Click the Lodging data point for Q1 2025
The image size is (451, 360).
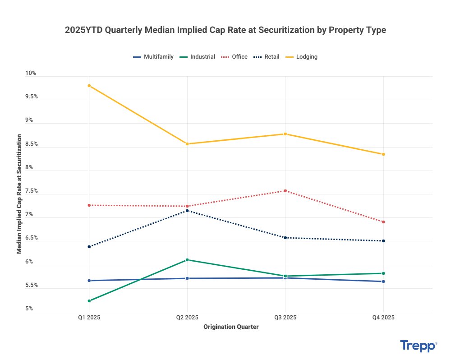(x=89, y=86)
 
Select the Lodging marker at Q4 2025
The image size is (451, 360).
(x=383, y=154)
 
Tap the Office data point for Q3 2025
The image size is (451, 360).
(x=285, y=191)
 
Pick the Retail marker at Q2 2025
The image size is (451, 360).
(x=188, y=211)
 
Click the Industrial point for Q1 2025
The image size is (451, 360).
(x=89, y=300)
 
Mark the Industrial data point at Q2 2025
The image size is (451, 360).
(x=188, y=260)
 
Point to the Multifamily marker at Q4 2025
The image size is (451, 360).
(x=383, y=282)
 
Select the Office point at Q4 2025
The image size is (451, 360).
(x=383, y=222)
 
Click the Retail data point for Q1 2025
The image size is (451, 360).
(x=89, y=247)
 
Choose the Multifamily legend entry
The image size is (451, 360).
(x=153, y=57)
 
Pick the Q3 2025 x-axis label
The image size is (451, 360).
(x=285, y=318)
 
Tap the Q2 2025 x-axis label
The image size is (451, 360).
(x=188, y=318)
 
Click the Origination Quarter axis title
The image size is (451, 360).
(x=231, y=327)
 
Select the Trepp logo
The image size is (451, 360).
(x=418, y=346)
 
